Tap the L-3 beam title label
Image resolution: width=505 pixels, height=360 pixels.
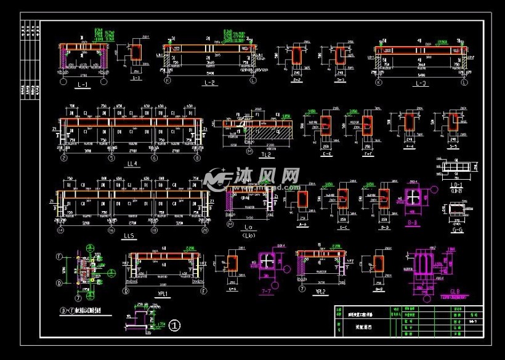[421, 83]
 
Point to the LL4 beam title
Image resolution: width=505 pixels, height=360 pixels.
[130, 164]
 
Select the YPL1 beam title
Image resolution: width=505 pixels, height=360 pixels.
[164, 294]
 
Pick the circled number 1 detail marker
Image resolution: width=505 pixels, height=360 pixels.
[175, 324]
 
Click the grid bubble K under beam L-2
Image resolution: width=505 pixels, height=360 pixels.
[167, 81]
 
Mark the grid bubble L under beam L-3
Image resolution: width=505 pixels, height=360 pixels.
[464, 82]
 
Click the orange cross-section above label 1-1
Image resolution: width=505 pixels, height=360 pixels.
[136, 53]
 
